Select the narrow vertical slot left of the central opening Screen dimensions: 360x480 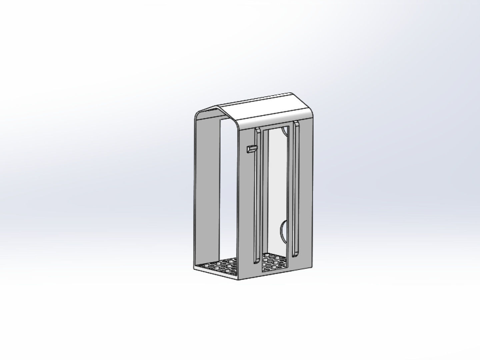pyautogui.click(x=257, y=193)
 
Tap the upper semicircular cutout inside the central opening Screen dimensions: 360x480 pyautogui.click(x=284, y=131)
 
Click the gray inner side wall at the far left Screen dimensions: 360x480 pyautogui.click(x=206, y=187)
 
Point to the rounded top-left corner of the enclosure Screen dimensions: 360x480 pyautogui.click(x=197, y=115)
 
